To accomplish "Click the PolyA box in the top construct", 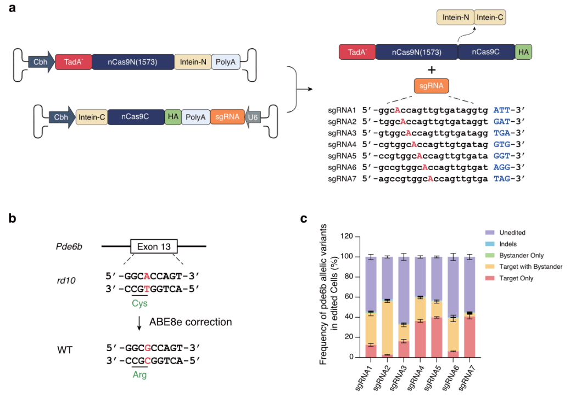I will (226, 63).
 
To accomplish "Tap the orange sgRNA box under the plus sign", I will (431, 86).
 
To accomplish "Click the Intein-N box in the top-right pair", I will (455, 18).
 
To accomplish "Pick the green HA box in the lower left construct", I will (173, 116).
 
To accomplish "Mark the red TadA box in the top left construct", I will (73, 63).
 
